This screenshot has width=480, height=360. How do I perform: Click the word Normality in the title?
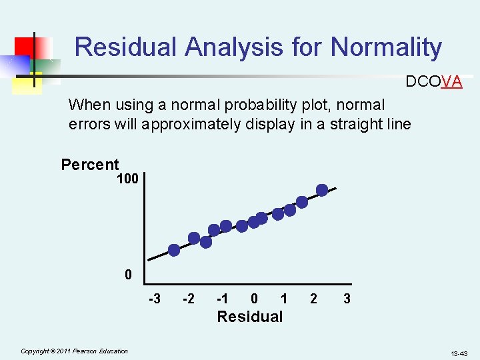386,47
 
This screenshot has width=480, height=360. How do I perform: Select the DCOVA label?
433,81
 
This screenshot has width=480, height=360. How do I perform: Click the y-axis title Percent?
90,165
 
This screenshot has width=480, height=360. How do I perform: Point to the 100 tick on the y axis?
127,179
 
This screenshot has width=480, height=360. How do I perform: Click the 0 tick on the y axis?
128,275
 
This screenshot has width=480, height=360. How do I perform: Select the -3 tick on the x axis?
154,299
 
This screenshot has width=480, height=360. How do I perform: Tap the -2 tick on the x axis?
188,299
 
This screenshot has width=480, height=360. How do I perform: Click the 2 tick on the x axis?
313,299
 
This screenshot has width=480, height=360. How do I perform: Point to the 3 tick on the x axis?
347,299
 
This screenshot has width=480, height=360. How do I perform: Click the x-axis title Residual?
250,317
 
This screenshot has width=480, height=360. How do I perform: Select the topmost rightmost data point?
322,190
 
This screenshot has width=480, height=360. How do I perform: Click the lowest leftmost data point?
174,250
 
